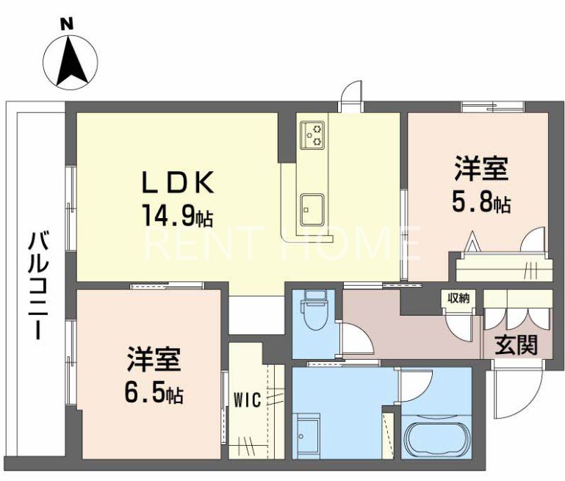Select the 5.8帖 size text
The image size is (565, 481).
pos(482,203)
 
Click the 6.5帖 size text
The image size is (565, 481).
pos(154,394)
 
